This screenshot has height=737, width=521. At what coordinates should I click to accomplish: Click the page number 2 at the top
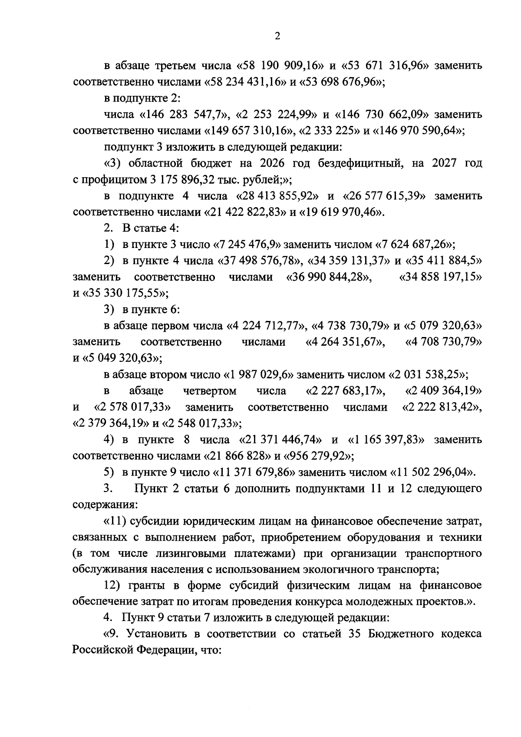[277, 36]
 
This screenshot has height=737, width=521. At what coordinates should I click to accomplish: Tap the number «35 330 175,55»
[122, 294]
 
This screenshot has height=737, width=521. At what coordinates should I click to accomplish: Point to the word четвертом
[210, 391]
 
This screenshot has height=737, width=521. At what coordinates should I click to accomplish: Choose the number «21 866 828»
[238, 456]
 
